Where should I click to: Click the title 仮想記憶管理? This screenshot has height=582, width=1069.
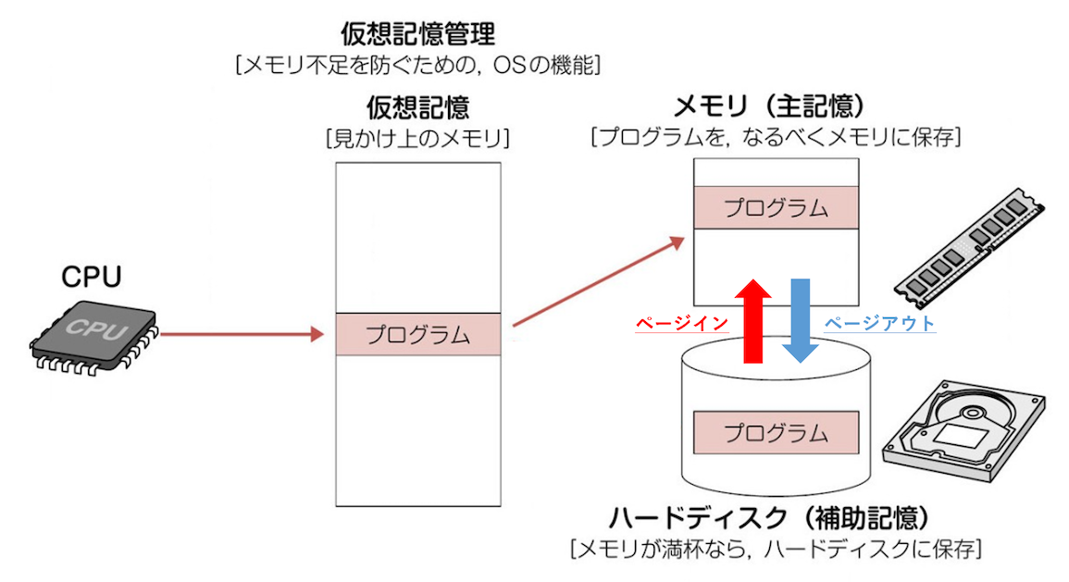point(418,35)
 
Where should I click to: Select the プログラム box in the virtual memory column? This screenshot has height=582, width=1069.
point(417,334)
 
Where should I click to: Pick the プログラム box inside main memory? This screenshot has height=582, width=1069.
point(777,207)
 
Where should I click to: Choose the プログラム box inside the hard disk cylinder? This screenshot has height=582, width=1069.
point(777,432)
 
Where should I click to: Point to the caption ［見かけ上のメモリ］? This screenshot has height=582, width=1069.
point(418,139)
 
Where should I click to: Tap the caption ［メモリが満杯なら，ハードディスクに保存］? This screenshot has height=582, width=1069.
point(776,550)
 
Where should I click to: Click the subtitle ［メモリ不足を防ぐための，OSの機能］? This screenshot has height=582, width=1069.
point(418,66)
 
